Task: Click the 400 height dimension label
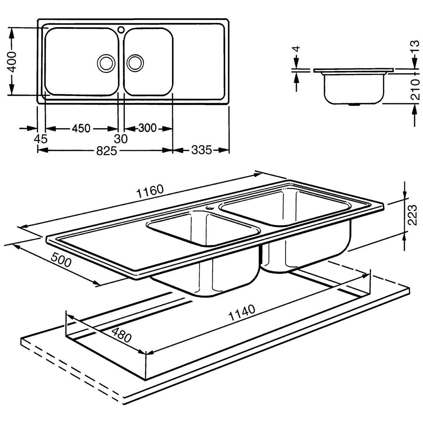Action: click(x=13, y=62)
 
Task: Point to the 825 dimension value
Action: click(x=105, y=151)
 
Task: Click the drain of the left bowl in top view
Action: click(x=106, y=63)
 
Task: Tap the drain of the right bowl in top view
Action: click(x=135, y=63)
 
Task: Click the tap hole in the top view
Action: click(x=121, y=30)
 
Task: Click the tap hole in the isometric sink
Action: click(x=209, y=208)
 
